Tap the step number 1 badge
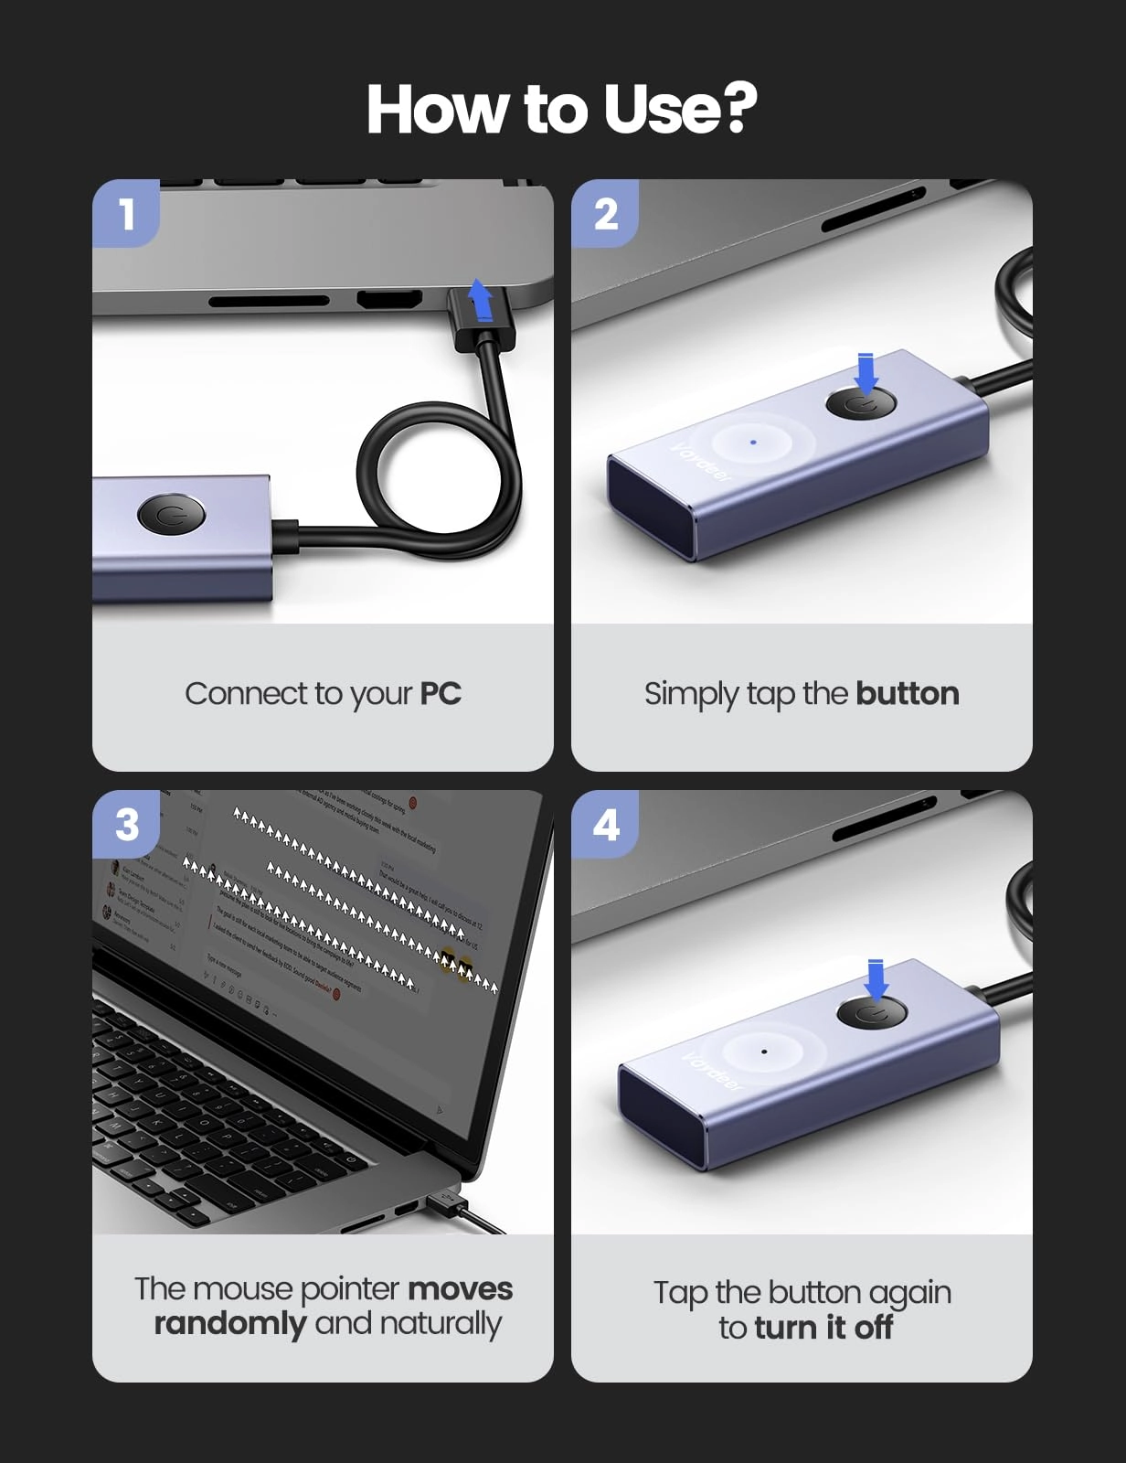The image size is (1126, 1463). click(127, 215)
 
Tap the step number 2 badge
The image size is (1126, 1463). click(605, 215)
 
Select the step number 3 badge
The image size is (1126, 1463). click(127, 825)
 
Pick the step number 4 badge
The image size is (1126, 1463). click(605, 825)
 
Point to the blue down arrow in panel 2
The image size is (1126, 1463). click(866, 373)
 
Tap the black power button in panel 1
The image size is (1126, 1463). click(171, 514)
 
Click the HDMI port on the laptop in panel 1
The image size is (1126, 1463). click(389, 299)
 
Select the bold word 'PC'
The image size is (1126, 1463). click(440, 694)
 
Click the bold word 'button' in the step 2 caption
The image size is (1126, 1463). click(907, 694)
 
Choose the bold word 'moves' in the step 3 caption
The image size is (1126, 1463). click(460, 1289)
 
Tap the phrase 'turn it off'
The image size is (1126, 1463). click(823, 1328)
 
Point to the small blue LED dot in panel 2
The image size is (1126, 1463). click(753, 442)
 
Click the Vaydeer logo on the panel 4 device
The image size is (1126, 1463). click(714, 1071)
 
